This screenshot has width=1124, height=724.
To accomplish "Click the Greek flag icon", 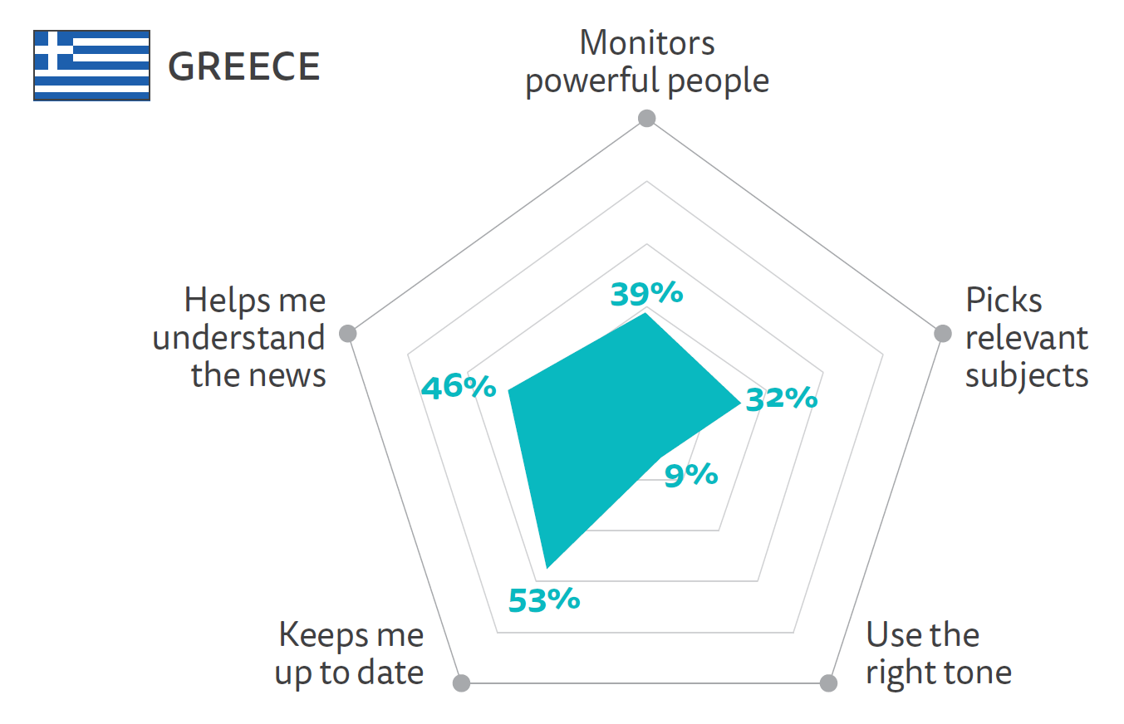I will point(91,66).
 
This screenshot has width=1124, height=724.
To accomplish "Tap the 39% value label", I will point(646,293).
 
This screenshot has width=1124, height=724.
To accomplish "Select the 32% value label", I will point(782,399).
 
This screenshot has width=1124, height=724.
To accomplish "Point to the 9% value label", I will point(691,475).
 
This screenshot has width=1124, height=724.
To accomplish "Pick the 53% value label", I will point(543,599).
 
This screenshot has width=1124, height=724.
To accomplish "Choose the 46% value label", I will point(459,387).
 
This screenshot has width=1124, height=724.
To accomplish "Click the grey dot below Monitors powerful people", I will point(646,119).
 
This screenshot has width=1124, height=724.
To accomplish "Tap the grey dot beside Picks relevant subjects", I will point(942,334).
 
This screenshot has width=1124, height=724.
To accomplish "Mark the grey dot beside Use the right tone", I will point(828,683).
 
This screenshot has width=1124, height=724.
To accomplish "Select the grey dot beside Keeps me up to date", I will point(462,683).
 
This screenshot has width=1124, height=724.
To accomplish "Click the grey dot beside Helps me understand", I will point(349,334).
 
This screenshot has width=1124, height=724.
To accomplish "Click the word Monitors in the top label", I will point(646,43).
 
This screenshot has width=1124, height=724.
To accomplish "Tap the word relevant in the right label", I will point(1027,338).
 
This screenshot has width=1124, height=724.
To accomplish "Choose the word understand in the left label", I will point(239,338).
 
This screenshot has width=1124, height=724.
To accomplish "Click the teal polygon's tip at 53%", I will point(546,567).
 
